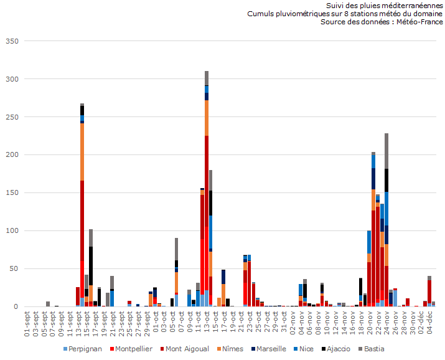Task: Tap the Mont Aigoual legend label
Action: click(185, 349)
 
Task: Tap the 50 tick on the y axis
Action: click(14, 269)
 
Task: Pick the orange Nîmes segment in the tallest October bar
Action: click(207, 118)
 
